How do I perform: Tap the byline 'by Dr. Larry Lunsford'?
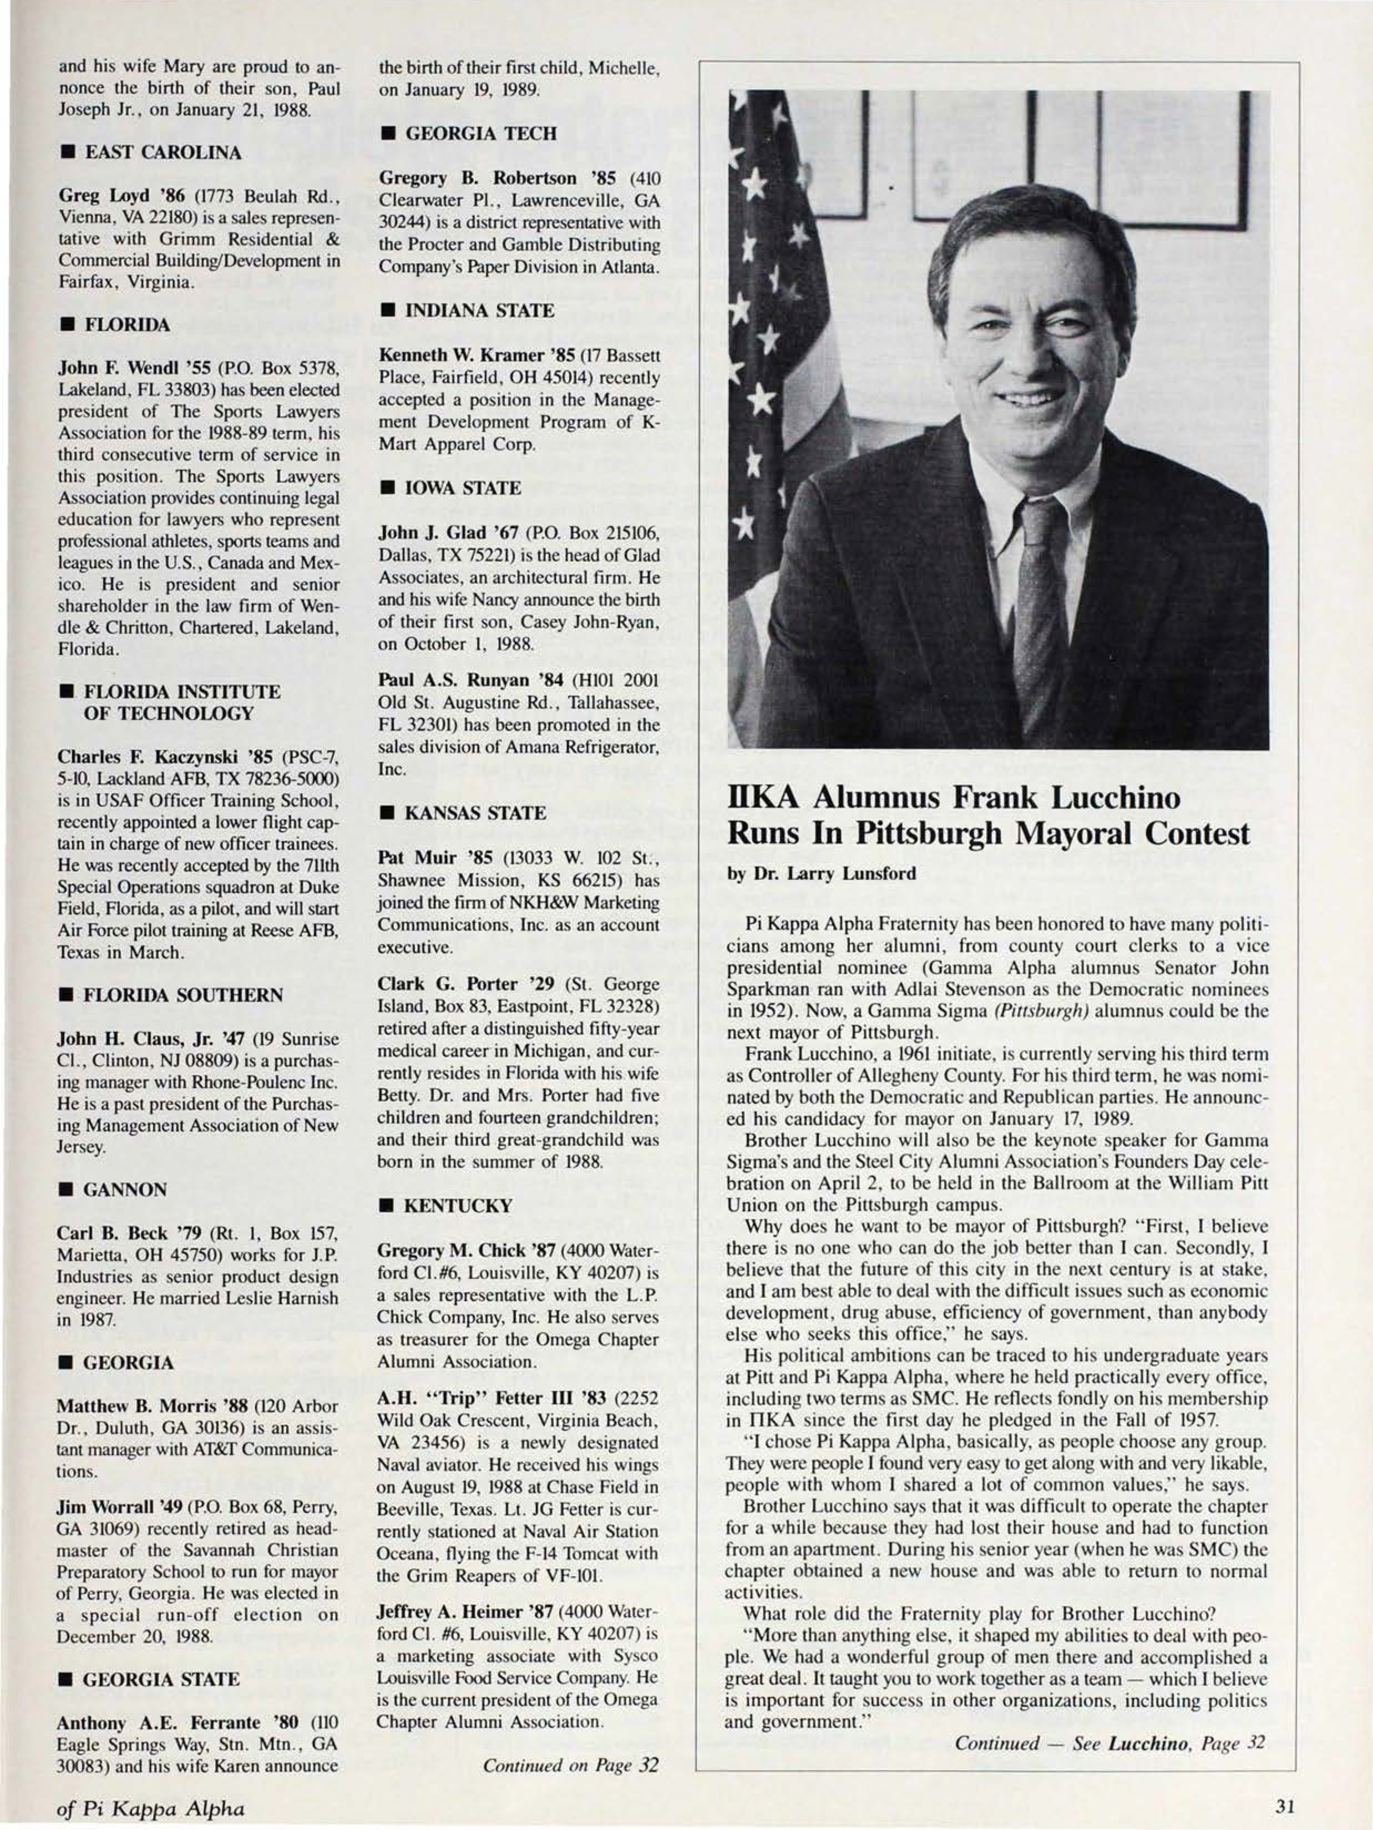[821, 873]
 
